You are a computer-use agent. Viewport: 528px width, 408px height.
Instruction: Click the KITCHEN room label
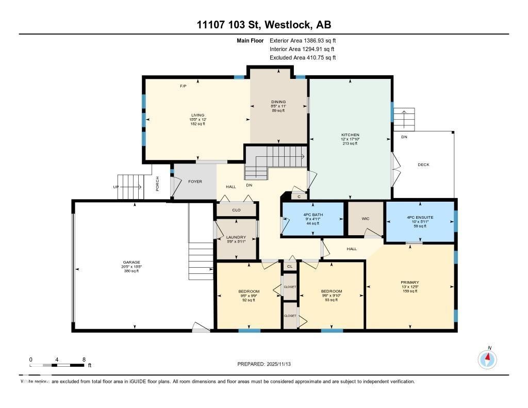coord(350,135)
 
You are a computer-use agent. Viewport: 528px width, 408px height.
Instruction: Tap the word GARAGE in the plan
coord(131,262)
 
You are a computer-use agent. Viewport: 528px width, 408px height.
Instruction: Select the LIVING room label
coord(197,115)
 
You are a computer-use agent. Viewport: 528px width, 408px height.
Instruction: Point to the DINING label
coord(278,102)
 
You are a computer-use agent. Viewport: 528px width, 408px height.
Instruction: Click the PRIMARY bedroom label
coord(410,282)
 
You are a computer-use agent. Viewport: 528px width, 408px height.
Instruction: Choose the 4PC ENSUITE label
coord(420,217)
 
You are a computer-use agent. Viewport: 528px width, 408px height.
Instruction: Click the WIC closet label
coord(366,218)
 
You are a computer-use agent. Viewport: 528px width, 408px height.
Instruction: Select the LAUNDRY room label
coord(236,237)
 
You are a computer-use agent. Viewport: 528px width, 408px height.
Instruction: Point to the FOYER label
coord(195,182)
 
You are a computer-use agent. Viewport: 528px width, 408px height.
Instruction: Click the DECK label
coord(423,165)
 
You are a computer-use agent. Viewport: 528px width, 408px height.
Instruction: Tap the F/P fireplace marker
coord(183,86)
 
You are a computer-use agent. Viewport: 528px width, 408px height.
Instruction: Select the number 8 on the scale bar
coord(84,359)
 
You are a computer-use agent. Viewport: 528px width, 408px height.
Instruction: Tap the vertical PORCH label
coord(158,184)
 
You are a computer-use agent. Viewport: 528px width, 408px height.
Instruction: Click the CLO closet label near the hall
coord(236,210)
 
